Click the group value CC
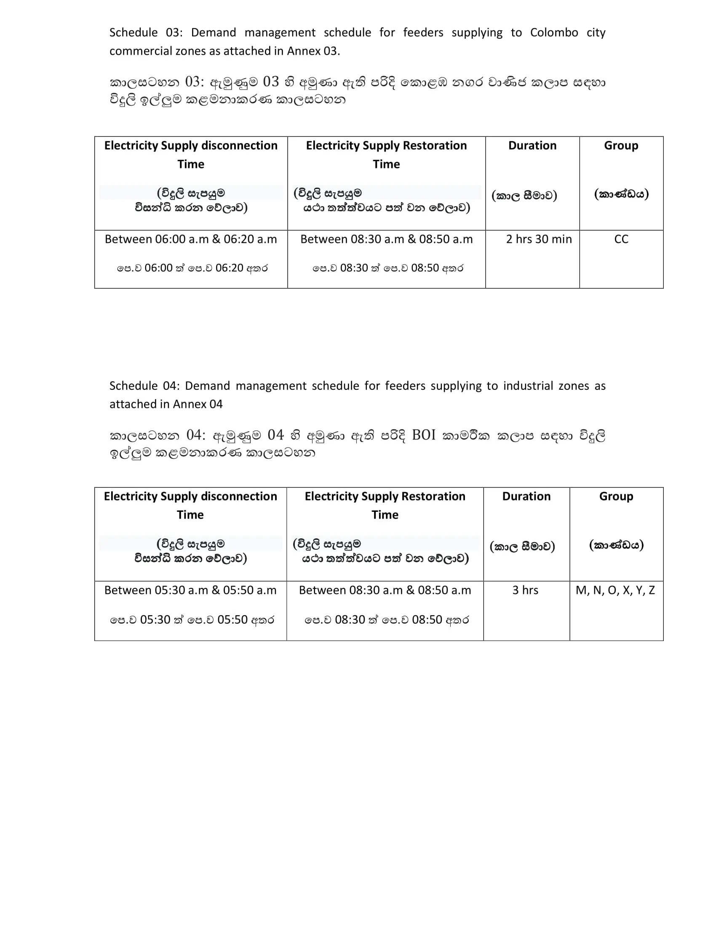[621, 239]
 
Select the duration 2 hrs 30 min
[539, 239]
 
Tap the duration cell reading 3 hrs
[525, 590]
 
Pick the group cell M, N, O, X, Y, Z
[615, 590]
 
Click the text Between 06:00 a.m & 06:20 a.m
[191, 239]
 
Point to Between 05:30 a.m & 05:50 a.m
[190, 590]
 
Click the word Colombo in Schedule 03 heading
[554, 33]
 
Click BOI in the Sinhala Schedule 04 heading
[424, 436]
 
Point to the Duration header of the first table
[532, 146]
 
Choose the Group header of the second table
[616, 496]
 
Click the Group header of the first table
[621, 146]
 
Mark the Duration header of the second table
[526, 496]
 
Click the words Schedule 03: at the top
[146, 33]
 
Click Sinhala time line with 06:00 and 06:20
[192, 268]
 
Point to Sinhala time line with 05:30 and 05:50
[192, 620]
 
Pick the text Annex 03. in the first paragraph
[313, 51]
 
